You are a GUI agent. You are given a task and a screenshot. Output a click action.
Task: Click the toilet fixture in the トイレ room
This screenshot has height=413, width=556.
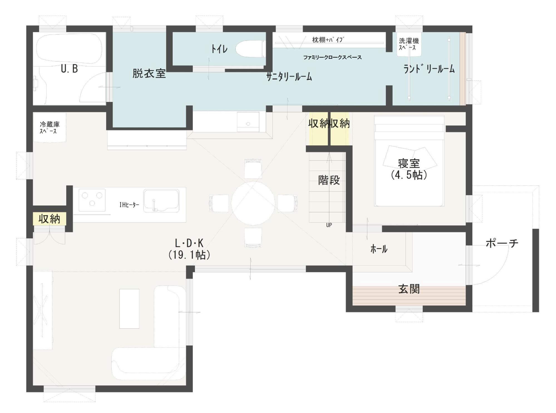[249, 49]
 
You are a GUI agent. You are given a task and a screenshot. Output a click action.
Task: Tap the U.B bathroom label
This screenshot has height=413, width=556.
[69, 69]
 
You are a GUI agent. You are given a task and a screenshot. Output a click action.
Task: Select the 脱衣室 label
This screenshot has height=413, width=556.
[149, 74]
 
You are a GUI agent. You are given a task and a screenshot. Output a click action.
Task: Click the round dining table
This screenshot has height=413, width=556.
[253, 203]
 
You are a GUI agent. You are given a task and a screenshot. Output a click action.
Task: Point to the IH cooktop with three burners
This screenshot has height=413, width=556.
[92, 200]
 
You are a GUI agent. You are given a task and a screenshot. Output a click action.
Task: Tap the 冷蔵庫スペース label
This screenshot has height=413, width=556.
[50, 128]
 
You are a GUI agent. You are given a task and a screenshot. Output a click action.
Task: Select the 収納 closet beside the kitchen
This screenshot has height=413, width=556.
[50, 219]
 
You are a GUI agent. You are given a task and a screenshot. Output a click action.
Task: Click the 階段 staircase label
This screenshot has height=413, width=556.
[329, 180]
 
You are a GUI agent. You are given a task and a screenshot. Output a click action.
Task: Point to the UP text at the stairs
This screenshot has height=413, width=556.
[329, 225]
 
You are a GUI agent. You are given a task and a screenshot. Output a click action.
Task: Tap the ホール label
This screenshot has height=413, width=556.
[379, 249]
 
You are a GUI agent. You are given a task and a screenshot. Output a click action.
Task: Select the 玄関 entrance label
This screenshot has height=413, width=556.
[409, 289]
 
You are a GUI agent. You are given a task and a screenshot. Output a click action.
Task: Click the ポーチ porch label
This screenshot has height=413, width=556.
[502, 243]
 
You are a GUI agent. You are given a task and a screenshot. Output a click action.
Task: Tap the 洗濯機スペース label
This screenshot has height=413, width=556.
[409, 44]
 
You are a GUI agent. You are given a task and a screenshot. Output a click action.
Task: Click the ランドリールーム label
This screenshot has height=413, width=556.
[429, 69]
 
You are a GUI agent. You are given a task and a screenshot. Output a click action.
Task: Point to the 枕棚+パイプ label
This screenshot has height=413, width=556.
[328, 40]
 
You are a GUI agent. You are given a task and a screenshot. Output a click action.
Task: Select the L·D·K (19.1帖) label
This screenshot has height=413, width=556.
[189, 249]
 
